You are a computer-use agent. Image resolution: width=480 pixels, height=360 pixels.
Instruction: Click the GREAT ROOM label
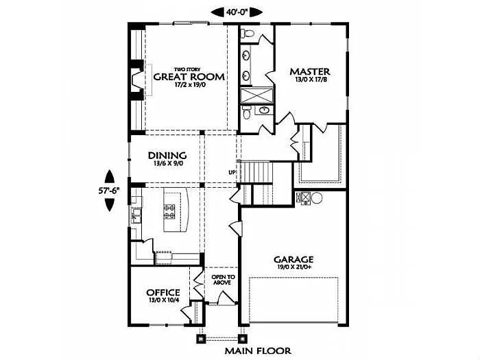click(x=189, y=77)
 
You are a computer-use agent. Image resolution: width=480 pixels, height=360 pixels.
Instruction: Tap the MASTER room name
click(x=310, y=71)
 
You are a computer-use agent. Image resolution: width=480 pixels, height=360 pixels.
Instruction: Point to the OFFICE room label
click(x=163, y=292)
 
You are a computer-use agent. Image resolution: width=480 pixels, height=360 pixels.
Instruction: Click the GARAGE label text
click(x=293, y=259)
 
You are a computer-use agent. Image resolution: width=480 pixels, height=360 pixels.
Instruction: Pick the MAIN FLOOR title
click(x=258, y=351)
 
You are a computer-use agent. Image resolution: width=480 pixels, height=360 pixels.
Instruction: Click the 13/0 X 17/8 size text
click(x=310, y=80)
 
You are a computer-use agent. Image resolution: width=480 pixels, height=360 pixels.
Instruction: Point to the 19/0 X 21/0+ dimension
click(x=293, y=268)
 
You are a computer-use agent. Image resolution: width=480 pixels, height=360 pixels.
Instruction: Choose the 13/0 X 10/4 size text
click(x=163, y=300)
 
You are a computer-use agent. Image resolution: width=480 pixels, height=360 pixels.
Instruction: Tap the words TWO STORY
click(x=187, y=69)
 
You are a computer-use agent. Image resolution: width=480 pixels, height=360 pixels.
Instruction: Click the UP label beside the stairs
click(x=232, y=172)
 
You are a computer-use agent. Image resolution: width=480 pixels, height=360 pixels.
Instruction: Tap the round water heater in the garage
click(x=317, y=199)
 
